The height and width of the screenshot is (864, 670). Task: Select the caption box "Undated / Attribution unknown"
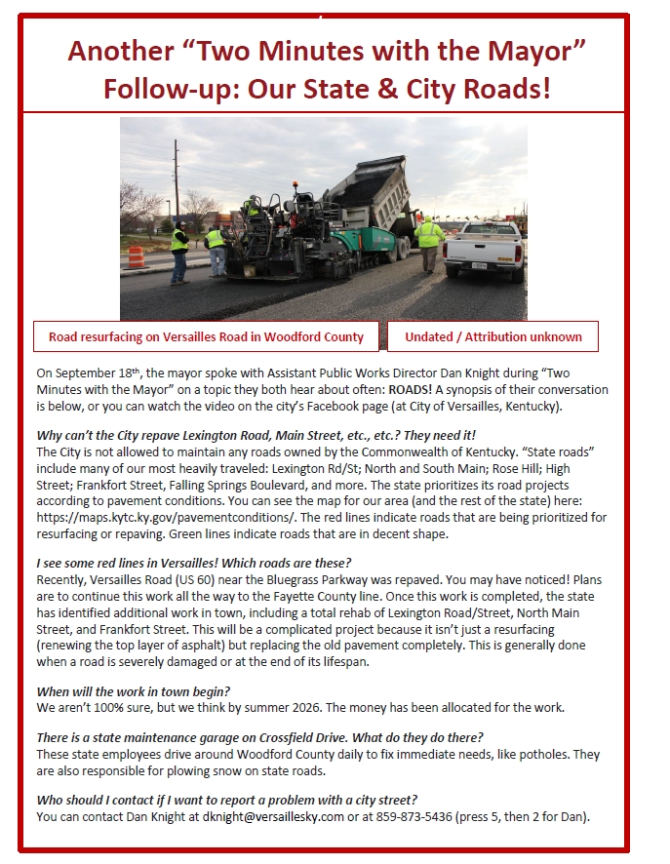point(493,336)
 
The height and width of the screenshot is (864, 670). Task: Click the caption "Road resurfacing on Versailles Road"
point(206,336)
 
